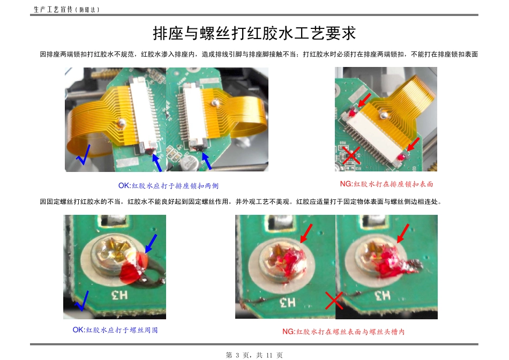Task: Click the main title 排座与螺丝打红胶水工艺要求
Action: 254,33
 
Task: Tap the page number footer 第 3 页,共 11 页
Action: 254,355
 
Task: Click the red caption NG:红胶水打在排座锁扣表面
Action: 386,184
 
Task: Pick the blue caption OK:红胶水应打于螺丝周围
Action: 115,330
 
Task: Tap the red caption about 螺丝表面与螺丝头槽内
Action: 343,332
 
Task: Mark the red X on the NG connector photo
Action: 351,156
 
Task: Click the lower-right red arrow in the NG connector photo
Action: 413,144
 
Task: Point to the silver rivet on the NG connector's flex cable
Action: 383,115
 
